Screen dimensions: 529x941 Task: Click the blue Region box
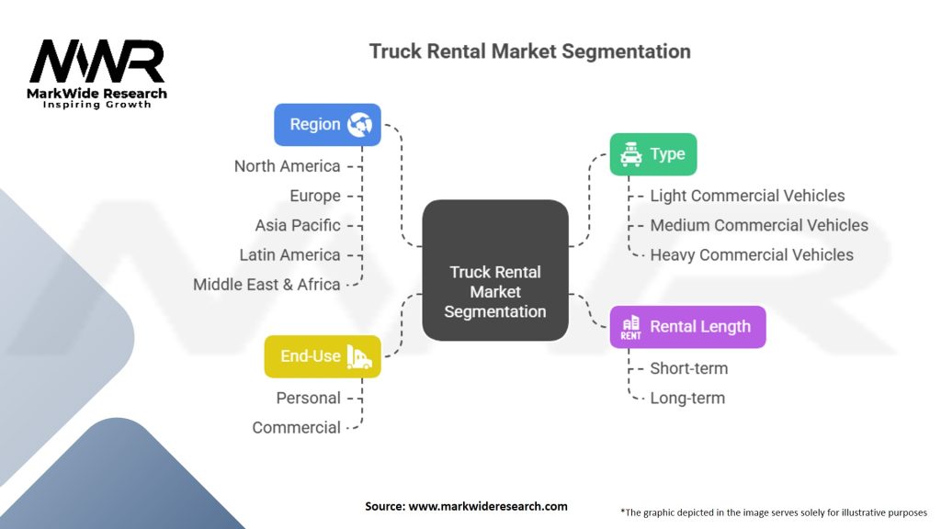[x=327, y=125]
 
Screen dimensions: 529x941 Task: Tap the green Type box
[x=653, y=154]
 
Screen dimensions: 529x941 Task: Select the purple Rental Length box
[x=687, y=327]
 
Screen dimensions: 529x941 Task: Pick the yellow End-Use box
[x=323, y=356]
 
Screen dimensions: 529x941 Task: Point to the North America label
[x=287, y=166]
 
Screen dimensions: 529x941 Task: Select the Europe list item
[x=314, y=196]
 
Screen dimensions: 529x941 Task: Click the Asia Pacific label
[x=298, y=225]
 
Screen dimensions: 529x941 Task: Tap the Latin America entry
[x=289, y=254]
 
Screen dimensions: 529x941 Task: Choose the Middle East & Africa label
[x=266, y=284]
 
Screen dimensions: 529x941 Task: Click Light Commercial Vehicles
[x=747, y=196]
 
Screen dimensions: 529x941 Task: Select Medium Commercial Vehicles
[x=759, y=225]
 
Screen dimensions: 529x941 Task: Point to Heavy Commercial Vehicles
[x=752, y=254]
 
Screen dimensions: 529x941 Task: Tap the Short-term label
[x=688, y=368]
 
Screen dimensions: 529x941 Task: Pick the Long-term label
[x=687, y=398]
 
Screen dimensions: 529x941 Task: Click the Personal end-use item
[x=308, y=398]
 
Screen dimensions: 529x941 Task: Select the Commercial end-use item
[x=296, y=427]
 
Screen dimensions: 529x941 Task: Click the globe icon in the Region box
[x=358, y=125]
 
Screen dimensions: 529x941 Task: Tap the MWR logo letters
[x=97, y=62]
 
